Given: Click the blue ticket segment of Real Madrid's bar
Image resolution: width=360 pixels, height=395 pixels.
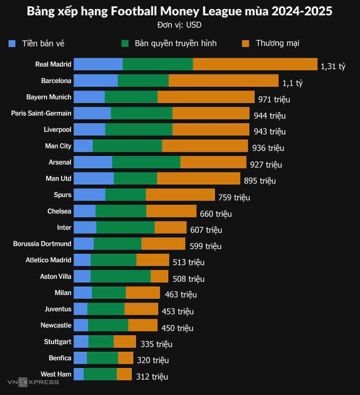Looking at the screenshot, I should [x=98, y=64].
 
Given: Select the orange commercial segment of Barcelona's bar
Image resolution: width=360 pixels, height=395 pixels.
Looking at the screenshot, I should [x=223, y=80].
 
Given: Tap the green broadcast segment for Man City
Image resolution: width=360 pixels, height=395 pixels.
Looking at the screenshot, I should [x=127, y=146].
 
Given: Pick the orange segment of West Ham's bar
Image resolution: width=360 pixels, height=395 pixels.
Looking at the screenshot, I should [x=124, y=374].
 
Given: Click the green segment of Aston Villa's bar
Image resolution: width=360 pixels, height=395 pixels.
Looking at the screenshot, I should [x=120, y=276].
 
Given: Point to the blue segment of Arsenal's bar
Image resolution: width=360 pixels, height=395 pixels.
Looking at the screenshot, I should [x=93, y=162].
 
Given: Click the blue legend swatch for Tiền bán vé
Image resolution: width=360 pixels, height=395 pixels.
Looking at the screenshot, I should [x=13, y=43].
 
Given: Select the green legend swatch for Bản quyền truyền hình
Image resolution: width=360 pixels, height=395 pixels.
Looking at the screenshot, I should [x=125, y=43].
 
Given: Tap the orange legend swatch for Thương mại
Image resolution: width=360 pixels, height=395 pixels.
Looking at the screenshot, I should [x=245, y=43].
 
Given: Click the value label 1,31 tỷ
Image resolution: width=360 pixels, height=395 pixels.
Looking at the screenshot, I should [x=333, y=66].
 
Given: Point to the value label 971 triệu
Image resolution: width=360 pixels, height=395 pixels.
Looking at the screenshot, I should [x=274, y=99].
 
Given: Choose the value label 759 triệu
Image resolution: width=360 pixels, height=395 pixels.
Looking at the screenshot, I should [x=234, y=197].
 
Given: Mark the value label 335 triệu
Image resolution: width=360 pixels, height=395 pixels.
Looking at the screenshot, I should [x=156, y=344].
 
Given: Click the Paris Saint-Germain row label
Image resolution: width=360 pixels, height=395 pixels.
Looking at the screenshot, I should [x=41, y=113].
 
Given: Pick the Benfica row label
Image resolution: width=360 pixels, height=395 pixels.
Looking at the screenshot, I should [x=60, y=358].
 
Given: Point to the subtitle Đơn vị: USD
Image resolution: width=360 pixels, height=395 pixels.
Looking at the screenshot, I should [x=179, y=25].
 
